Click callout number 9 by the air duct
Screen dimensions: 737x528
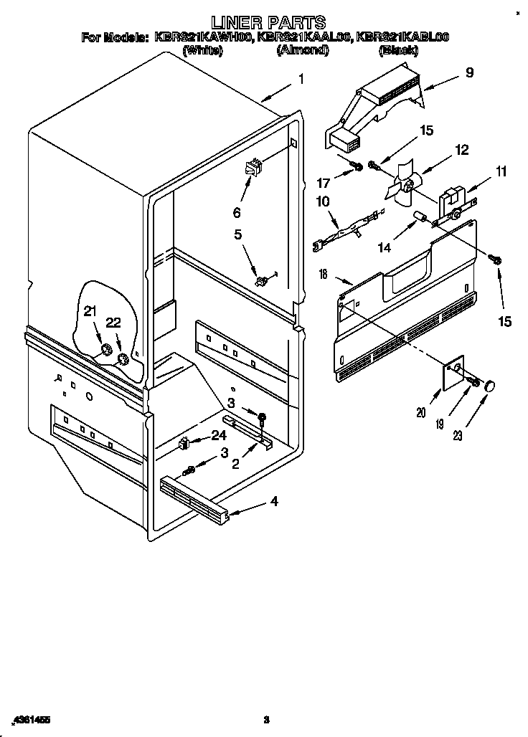[x=469, y=72]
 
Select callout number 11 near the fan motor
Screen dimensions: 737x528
[x=481, y=171]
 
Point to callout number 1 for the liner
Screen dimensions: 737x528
[x=301, y=80]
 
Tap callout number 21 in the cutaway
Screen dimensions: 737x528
[x=90, y=311]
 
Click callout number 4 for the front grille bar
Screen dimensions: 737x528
[x=273, y=501]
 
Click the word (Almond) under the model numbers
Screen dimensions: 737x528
[x=303, y=50]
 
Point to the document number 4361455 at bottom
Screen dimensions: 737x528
[x=30, y=719]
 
